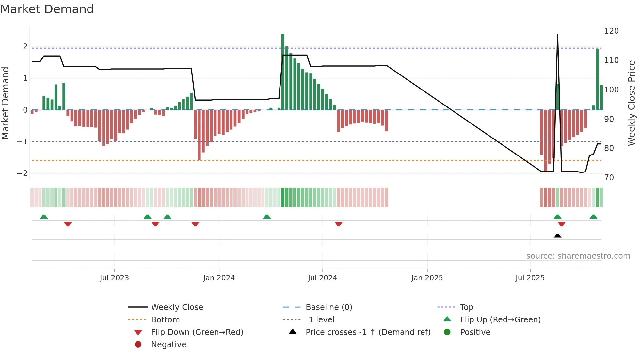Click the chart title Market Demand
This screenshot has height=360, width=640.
(47, 9)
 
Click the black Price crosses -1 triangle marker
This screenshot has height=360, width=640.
(557, 236)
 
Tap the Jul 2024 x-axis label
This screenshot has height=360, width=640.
(322, 278)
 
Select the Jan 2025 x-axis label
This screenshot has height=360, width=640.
(427, 278)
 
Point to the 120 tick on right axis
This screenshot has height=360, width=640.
(611, 31)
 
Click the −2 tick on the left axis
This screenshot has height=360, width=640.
(22, 173)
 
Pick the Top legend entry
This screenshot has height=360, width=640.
(467, 307)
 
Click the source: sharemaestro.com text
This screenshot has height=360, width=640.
(578, 256)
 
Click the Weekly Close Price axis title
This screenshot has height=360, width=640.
(632, 103)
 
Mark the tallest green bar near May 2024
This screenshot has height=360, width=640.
(283, 72)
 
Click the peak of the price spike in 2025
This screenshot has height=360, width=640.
(557, 35)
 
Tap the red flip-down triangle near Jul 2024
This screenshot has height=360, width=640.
(338, 224)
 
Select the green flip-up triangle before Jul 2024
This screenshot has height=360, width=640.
(267, 217)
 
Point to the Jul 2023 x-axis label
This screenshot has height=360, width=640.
(114, 278)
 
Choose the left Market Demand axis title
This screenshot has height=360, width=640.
(5, 103)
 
